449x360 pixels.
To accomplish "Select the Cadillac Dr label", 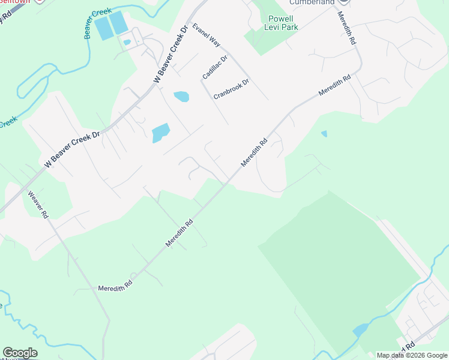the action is (215, 67).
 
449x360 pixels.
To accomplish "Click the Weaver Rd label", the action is (38, 205).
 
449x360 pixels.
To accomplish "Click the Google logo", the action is (20, 353).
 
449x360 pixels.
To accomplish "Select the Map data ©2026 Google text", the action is (411, 355).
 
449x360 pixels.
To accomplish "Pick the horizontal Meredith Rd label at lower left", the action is (115, 289).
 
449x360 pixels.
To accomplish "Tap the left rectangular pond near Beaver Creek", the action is (104, 28).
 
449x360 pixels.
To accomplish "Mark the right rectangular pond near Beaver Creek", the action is (118, 23).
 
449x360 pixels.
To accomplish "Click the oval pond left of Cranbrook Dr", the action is (181, 96).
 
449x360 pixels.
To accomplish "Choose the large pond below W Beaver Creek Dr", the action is (160, 133).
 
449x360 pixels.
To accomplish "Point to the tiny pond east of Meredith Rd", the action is (324, 134).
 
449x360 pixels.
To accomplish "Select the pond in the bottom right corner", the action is (361, 330).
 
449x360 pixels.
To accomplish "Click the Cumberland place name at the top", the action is (312, 3).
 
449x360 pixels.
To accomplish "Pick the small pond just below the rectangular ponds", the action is (127, 42).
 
